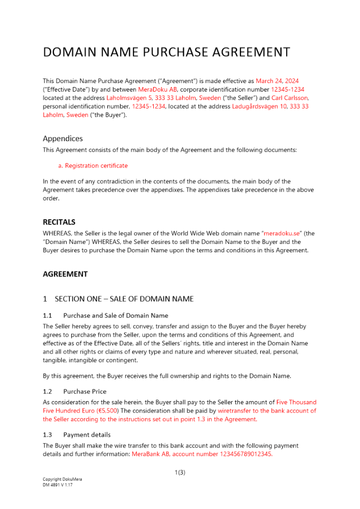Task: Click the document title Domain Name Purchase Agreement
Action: click(x=167, y=52)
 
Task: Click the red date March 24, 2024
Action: click(x=277, y=81)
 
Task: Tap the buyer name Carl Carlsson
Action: click(x=290, y=98)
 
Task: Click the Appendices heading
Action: click(x=63, y=138)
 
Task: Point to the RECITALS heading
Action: click(x=59, y=222)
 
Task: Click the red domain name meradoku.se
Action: click(x=284, y=234)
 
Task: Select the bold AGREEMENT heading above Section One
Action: click(x=65, y=274)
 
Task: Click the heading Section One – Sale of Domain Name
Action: click(x=124, y=299)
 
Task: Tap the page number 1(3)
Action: click(x=180, y=472)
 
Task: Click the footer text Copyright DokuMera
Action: click(x=62, y=479)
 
